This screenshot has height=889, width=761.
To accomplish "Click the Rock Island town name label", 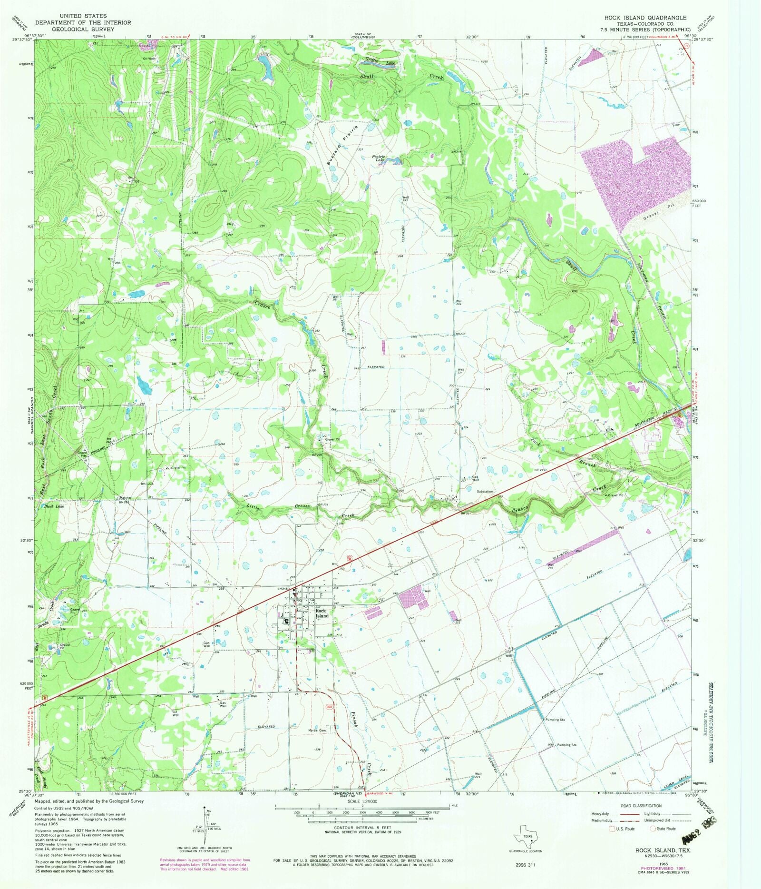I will [322, 613].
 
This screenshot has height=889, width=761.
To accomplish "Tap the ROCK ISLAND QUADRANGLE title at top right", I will [645, 18].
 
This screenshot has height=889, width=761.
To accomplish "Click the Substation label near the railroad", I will [485, 491].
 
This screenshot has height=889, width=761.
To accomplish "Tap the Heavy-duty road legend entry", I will [601, 814].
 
